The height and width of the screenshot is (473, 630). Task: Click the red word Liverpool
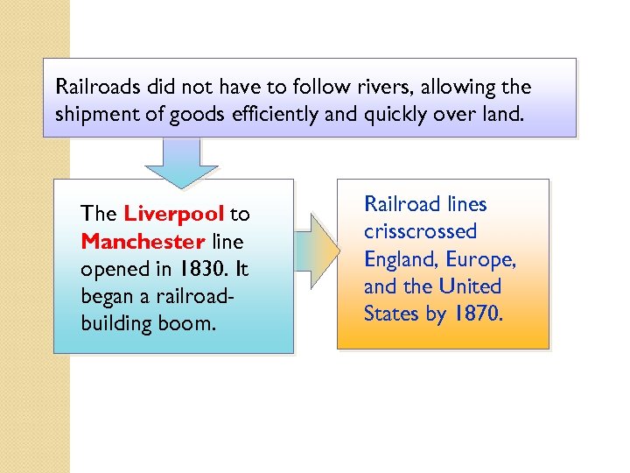(175, 214)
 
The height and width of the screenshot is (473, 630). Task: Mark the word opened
(109, 268)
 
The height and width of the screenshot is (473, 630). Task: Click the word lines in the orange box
(465, 205)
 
